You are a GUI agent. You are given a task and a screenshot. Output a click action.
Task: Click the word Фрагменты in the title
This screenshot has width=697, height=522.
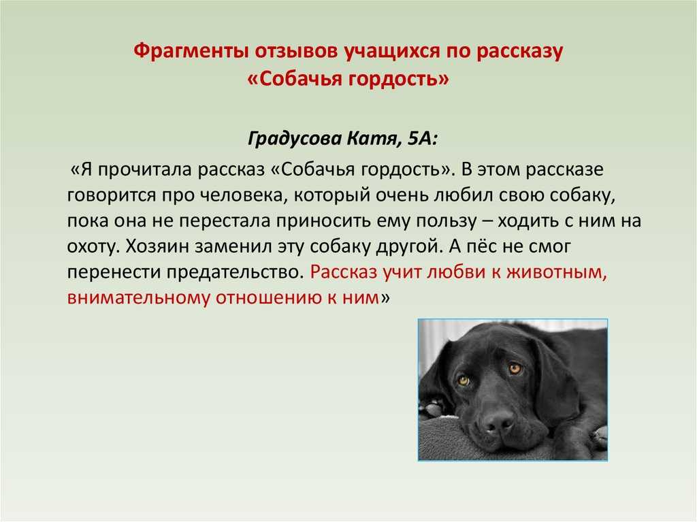click(x=191, y=51)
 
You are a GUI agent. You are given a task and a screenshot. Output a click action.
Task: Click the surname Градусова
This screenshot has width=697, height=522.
click(x=295, y=139)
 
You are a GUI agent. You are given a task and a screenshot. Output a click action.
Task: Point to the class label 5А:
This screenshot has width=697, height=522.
click(x=423, y=139)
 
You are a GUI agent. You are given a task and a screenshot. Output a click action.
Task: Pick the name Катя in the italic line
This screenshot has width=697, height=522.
click(x=374, y=139)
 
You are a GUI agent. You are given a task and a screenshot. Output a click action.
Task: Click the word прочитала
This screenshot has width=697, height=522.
click(x=144, y=170)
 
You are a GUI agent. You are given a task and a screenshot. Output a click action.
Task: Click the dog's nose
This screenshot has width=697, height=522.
click(x=498, y=420)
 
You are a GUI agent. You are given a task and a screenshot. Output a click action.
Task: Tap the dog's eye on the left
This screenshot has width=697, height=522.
click(x=464, y=381)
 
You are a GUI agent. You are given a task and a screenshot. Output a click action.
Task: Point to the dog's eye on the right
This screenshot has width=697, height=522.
click(x=515, y=369)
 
